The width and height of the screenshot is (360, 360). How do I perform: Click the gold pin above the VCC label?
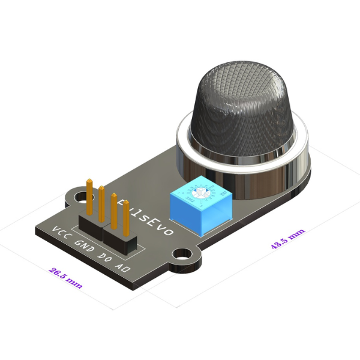point(89,195)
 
